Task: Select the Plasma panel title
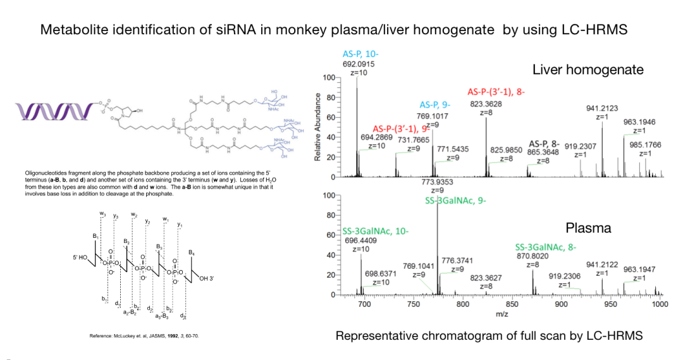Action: click(x=588, y=228)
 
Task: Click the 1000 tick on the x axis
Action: click(x=659, y=304)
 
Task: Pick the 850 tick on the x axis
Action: click(x=511, y=304)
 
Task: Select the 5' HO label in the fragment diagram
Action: click(x=83, y=258)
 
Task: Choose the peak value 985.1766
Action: click(x=645, y=145)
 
